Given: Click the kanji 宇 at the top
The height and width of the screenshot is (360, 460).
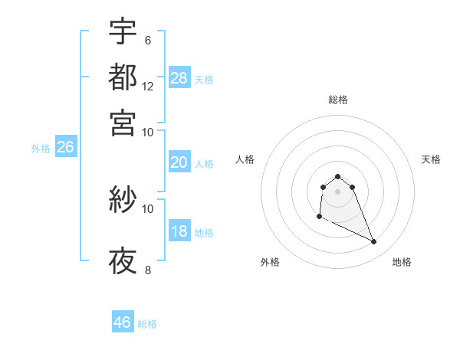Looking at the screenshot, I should point(123,32).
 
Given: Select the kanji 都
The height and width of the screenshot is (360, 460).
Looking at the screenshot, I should point(123,77).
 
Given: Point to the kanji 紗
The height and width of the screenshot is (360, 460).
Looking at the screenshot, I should point(123,201).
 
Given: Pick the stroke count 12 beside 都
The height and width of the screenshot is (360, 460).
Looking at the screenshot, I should point(148,87).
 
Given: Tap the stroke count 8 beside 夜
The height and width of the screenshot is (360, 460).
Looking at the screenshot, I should point(147,270).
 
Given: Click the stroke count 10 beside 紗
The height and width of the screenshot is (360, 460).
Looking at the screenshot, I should point(148,208).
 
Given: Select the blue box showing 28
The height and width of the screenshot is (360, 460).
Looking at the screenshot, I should point(179,77).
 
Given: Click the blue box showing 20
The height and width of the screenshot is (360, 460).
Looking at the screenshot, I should point(179,162).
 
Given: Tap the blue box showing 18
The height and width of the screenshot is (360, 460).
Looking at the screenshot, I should point(179,232).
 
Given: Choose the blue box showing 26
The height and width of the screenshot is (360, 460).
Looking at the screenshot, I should point(65,148).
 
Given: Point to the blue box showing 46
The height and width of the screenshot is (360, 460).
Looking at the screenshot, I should point(123,322).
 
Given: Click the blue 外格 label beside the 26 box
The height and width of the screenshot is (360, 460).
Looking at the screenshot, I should point(41,149).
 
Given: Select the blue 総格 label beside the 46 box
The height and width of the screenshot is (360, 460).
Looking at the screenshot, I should point(147,324).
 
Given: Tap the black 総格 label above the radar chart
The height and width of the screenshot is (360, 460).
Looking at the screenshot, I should point(337,100).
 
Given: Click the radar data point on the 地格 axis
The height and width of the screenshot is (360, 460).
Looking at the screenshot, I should point(374,242).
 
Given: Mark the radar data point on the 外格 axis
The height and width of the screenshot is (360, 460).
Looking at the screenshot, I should point(319,217).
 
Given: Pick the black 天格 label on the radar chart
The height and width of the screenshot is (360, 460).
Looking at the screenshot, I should point(431,159).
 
